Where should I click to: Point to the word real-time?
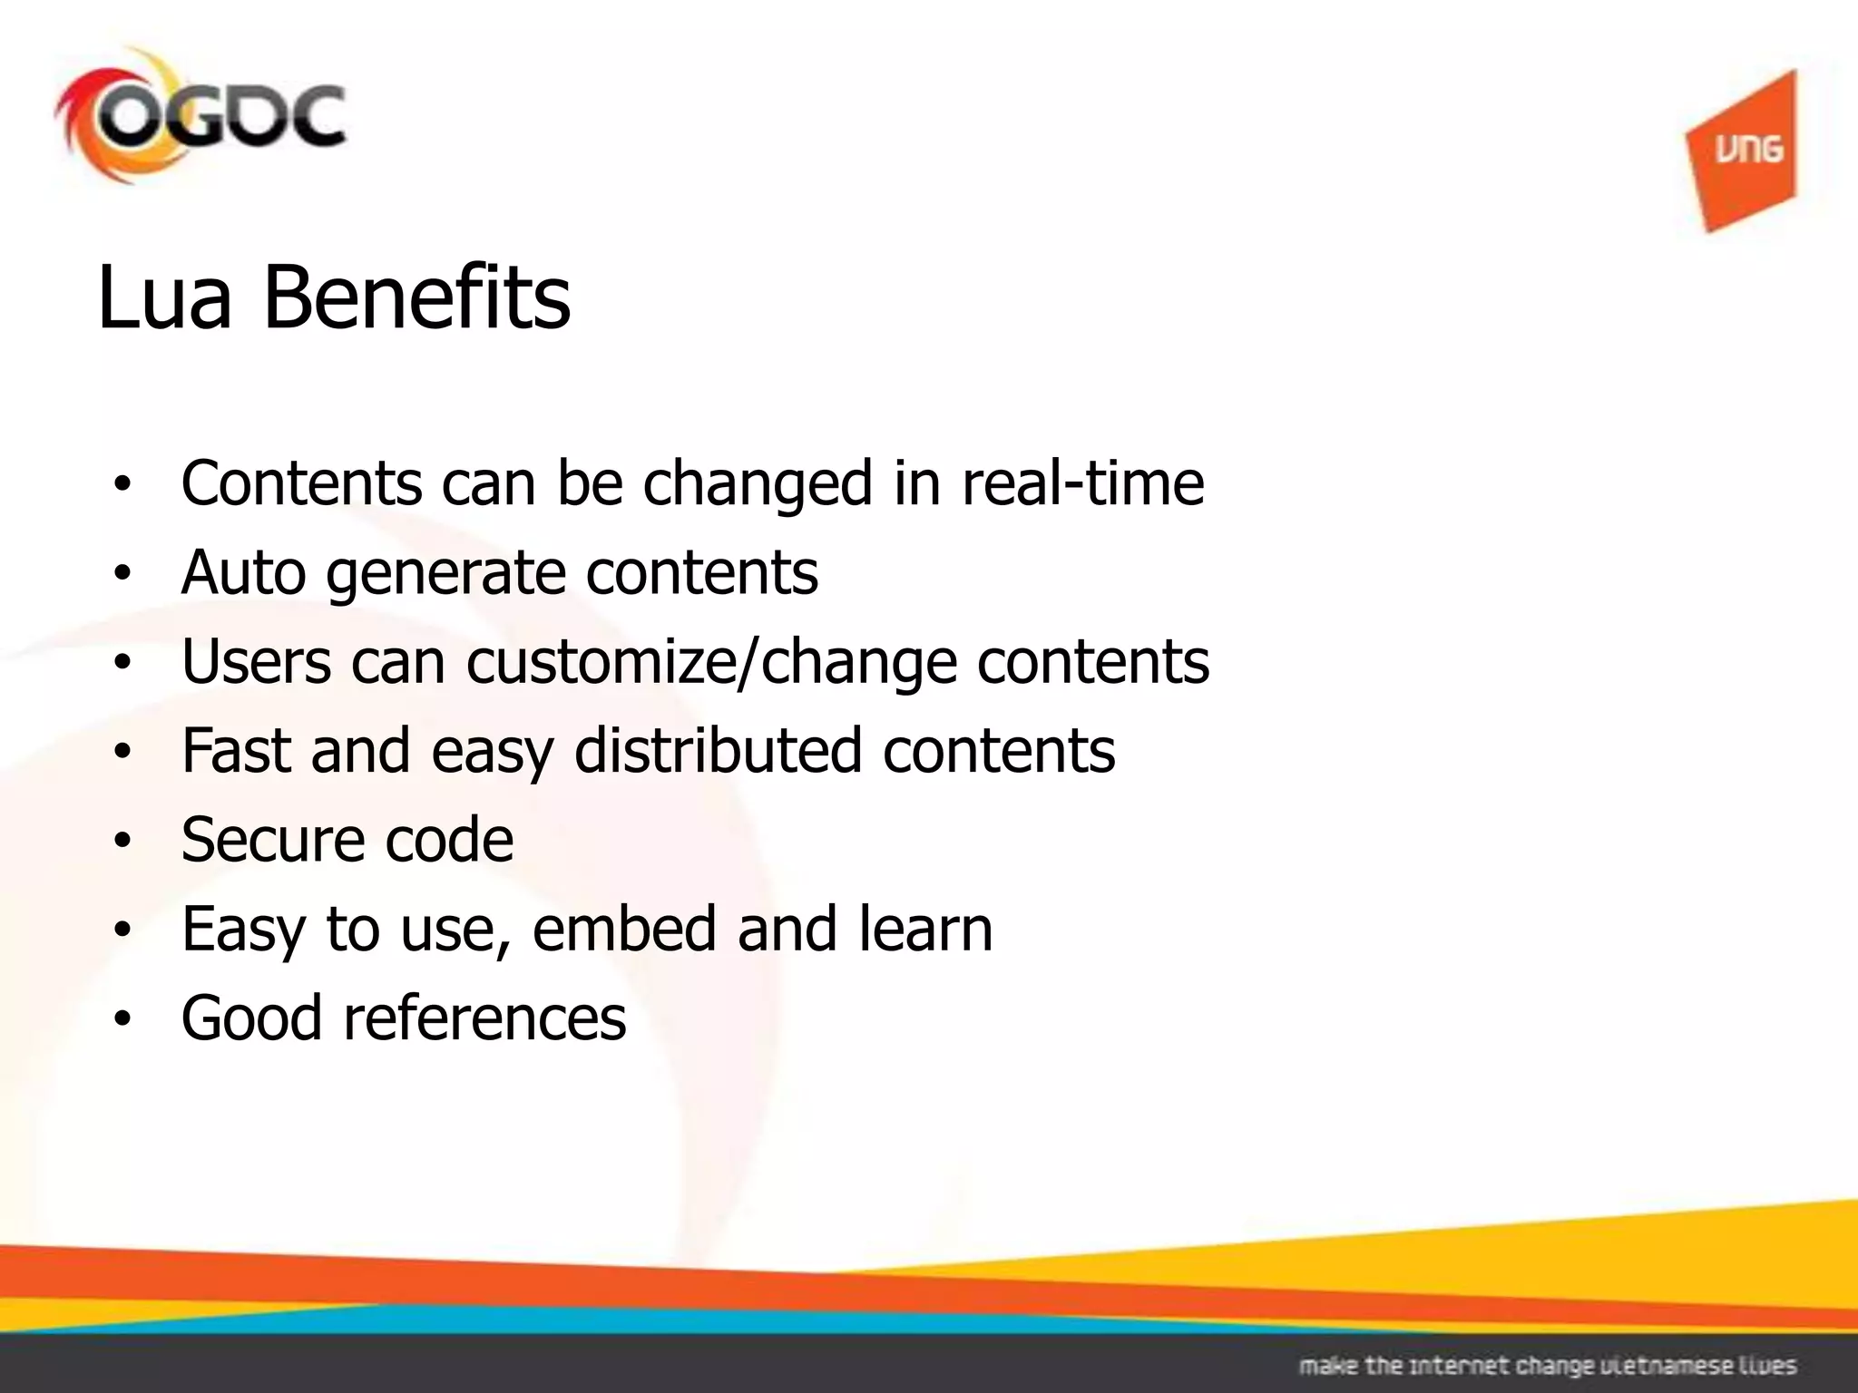tap(1082, 482)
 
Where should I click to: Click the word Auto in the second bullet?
tap(243, 572)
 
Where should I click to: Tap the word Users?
tap(256, 661)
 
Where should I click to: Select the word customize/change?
tap(711, 663)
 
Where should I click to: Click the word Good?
tap(252, 1017)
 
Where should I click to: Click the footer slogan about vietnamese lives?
tap(1548, 1366)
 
